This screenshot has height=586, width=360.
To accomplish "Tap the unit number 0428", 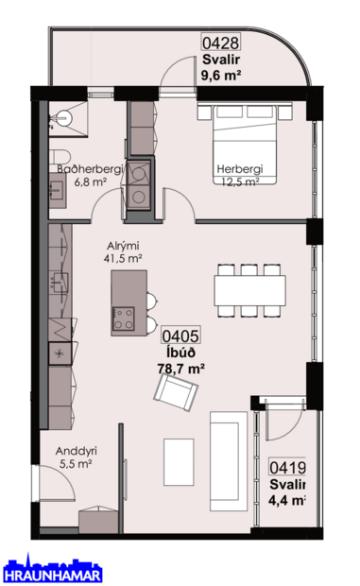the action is (x=220, y=43).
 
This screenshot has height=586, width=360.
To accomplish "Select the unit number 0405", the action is (x=180, y=336).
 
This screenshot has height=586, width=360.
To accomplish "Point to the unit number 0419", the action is (x=287, y=467).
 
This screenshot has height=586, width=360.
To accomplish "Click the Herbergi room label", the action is (x=240, y=169).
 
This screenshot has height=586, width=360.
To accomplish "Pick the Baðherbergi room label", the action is (x=90, y=169).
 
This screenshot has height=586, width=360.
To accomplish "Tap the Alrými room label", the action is (x=123, y=247).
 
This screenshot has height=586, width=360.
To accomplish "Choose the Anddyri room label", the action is (x=77, y=451).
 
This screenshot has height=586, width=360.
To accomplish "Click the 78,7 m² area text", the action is (x=180, y=369).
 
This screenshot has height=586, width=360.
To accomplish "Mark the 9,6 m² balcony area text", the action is (x=221, y=75).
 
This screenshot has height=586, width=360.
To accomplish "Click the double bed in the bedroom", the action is (x=245, y=145).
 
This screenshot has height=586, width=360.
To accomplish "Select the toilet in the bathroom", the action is (x=60, y=155).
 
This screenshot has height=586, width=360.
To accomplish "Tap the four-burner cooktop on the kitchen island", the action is (x=124, y=318).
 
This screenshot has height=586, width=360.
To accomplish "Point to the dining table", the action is (x=249, y=290).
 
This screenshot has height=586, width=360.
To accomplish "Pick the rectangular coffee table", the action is (x=179, y=462).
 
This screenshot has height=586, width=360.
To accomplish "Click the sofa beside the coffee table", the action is (x=229, y=461).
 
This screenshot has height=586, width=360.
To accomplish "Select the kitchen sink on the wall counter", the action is (x=59, y=282).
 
